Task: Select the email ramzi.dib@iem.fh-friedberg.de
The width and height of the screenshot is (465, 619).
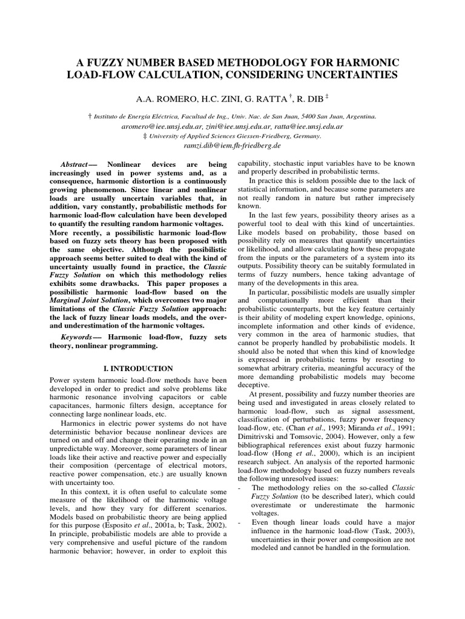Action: pyautogui.click(x=232, y=146)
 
